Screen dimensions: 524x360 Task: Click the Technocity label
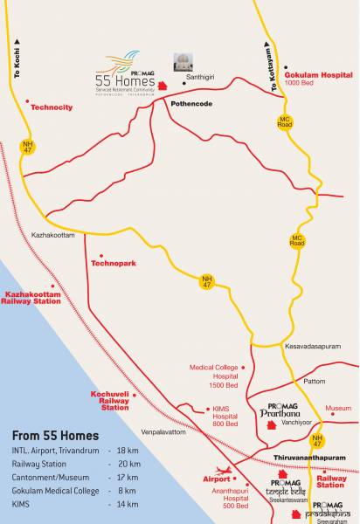[55, 107]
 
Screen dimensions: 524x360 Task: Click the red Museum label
[337, 408]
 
